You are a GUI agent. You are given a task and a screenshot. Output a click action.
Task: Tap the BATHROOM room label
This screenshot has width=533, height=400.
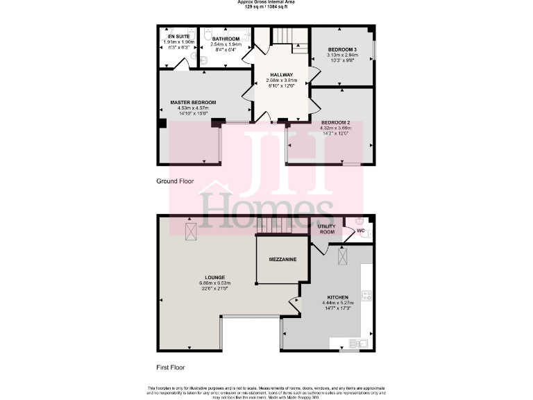[226, 38]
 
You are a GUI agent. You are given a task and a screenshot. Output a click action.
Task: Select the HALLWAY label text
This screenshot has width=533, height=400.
[282, 74]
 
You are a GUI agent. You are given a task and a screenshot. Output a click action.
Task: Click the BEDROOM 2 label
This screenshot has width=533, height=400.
[335, 122]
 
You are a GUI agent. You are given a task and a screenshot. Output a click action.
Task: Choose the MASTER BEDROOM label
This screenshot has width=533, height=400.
[193, 102]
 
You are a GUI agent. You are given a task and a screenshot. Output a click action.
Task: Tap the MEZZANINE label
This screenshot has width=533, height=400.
[283, 259]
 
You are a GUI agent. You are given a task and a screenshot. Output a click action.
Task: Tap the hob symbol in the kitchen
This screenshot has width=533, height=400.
[366, 296]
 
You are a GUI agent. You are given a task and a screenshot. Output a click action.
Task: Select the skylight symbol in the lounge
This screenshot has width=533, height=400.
[190, 230]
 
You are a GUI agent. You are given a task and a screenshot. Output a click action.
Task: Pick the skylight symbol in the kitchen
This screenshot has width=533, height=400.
[342, 256]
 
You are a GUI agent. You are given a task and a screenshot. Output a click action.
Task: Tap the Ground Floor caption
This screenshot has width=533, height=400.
[175, 181]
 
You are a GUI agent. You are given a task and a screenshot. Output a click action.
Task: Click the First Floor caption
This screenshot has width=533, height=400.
[171, 367]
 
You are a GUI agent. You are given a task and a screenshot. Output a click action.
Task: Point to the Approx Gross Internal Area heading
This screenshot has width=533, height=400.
[266, 3]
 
